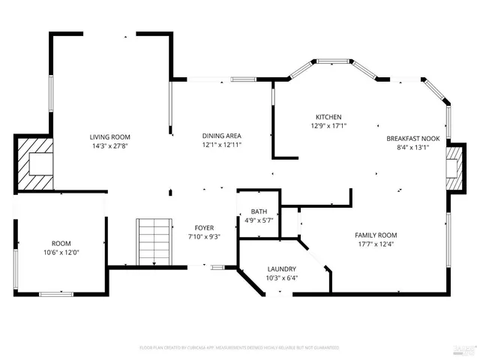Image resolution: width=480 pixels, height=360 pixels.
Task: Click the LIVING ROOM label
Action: tap(110, 136)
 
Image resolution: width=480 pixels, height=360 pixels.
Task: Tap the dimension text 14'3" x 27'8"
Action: tap(110, 145)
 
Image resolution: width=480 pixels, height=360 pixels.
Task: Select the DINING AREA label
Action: tap(222, 136)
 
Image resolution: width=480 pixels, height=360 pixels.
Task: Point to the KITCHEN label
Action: tap(328, 117)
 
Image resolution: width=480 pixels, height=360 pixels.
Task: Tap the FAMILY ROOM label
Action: tap(376, 235)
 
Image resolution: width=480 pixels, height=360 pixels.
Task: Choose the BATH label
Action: tap(259, 211)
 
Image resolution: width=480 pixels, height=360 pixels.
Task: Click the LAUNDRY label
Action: tap(282, 269)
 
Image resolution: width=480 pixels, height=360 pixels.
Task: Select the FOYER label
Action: tap(204, 227)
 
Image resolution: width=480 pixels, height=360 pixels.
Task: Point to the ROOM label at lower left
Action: tap(61, 244)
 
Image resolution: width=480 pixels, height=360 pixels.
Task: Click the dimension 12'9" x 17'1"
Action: tap(328, 126)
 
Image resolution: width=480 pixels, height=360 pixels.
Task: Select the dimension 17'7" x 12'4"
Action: tap(376, 244)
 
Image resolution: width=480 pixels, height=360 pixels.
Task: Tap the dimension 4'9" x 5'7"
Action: tap(259, 220)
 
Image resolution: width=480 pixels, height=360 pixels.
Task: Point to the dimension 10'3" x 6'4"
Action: tap(282, 278)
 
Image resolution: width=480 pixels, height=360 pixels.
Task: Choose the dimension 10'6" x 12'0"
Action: tap(61, 253)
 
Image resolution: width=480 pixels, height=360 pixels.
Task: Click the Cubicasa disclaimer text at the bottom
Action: tap(239, 348)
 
